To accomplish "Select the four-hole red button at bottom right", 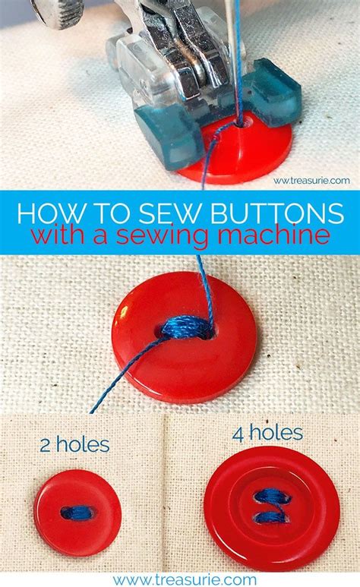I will coord(272,508).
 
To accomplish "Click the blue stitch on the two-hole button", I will coord(77,513).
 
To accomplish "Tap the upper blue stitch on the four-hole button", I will coord(272,496).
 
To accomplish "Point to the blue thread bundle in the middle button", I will coord(186,329).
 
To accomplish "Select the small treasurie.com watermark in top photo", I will coord(311,180).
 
